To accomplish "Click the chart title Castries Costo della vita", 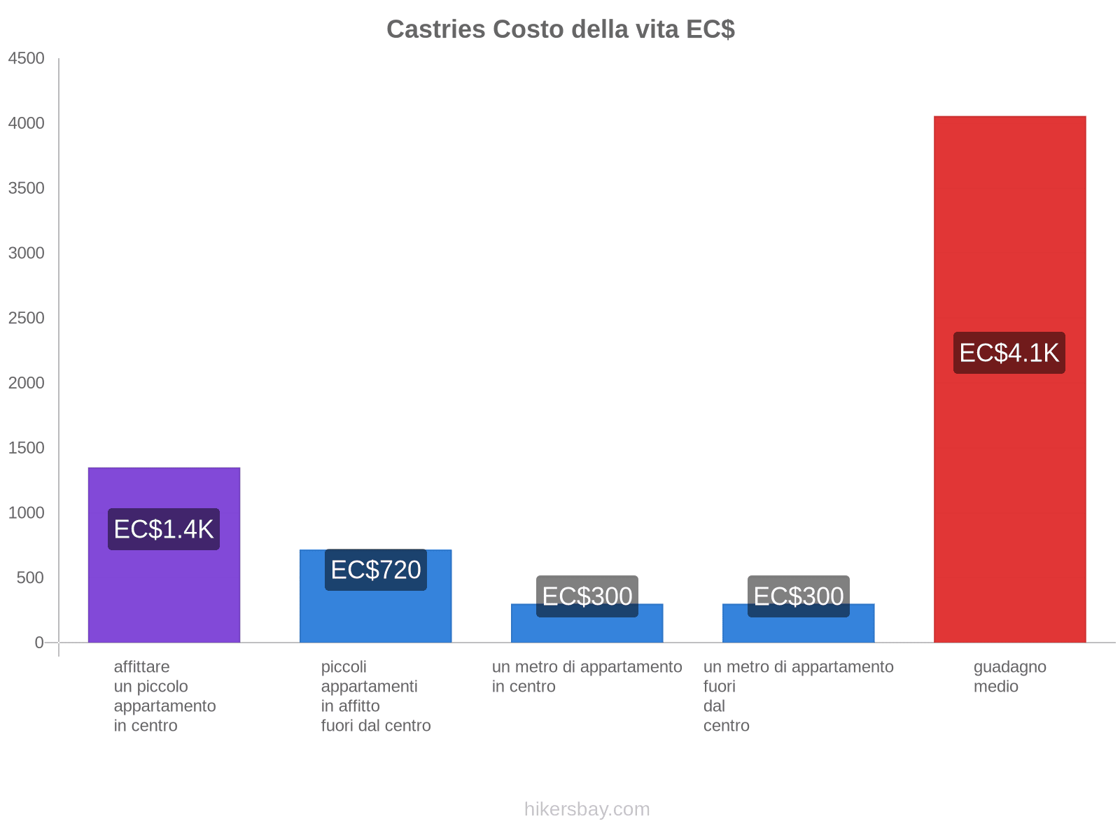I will (560, 29).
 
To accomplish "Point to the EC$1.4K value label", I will (164, 529).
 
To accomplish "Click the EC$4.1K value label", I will (1009, 353).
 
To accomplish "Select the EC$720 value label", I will (376, 570).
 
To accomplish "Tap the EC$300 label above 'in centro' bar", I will (587, 596).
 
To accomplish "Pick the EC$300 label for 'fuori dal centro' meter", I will (799, 596).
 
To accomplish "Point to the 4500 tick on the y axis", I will (27, 59).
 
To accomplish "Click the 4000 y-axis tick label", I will (27, 124).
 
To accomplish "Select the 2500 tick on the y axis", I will (27, 318).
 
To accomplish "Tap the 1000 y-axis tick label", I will (27, 513).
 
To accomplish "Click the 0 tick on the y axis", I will (39, 643).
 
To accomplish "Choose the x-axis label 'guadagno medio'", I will (1009, 677).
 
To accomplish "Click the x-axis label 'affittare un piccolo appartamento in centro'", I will (164, 696).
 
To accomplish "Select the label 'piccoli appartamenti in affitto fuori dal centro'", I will (376, 696).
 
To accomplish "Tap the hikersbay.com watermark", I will (587, 809).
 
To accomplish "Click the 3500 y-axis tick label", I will (27, 189).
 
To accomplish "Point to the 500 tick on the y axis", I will (30, 578).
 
